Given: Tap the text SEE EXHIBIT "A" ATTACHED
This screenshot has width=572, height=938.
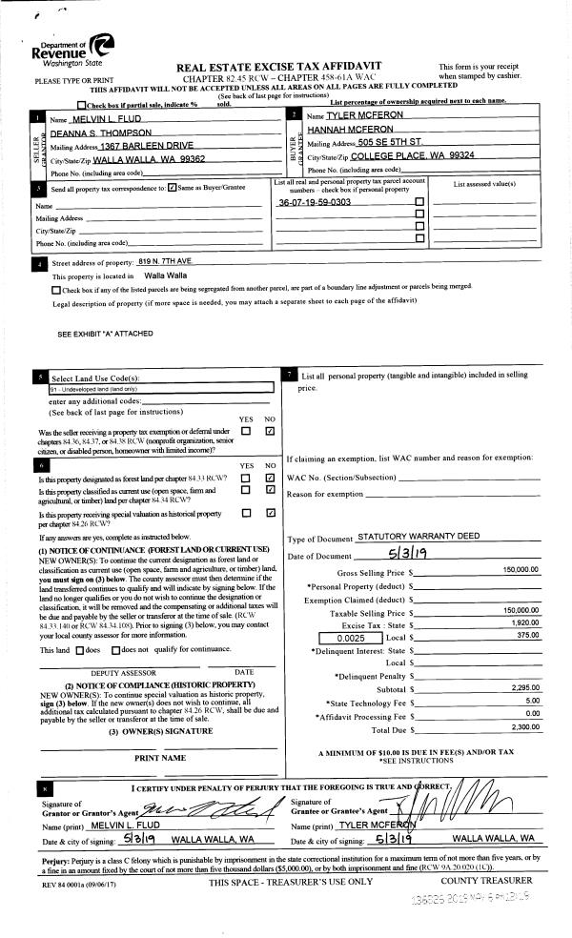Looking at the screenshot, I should point(105,334).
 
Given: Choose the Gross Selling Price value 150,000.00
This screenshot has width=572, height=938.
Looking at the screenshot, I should point(521,569).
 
